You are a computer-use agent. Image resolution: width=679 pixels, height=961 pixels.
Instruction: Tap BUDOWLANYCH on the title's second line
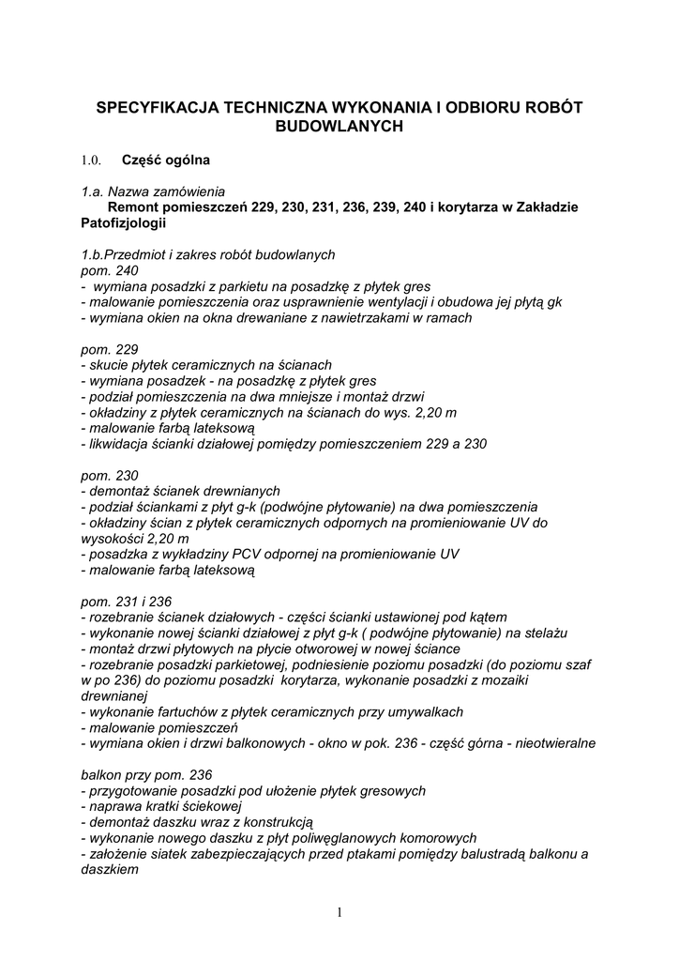[339, 125]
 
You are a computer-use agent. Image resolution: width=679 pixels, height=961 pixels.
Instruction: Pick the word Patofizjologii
[123, 222]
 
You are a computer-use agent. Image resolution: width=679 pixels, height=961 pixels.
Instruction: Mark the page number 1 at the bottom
[339, 913]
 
